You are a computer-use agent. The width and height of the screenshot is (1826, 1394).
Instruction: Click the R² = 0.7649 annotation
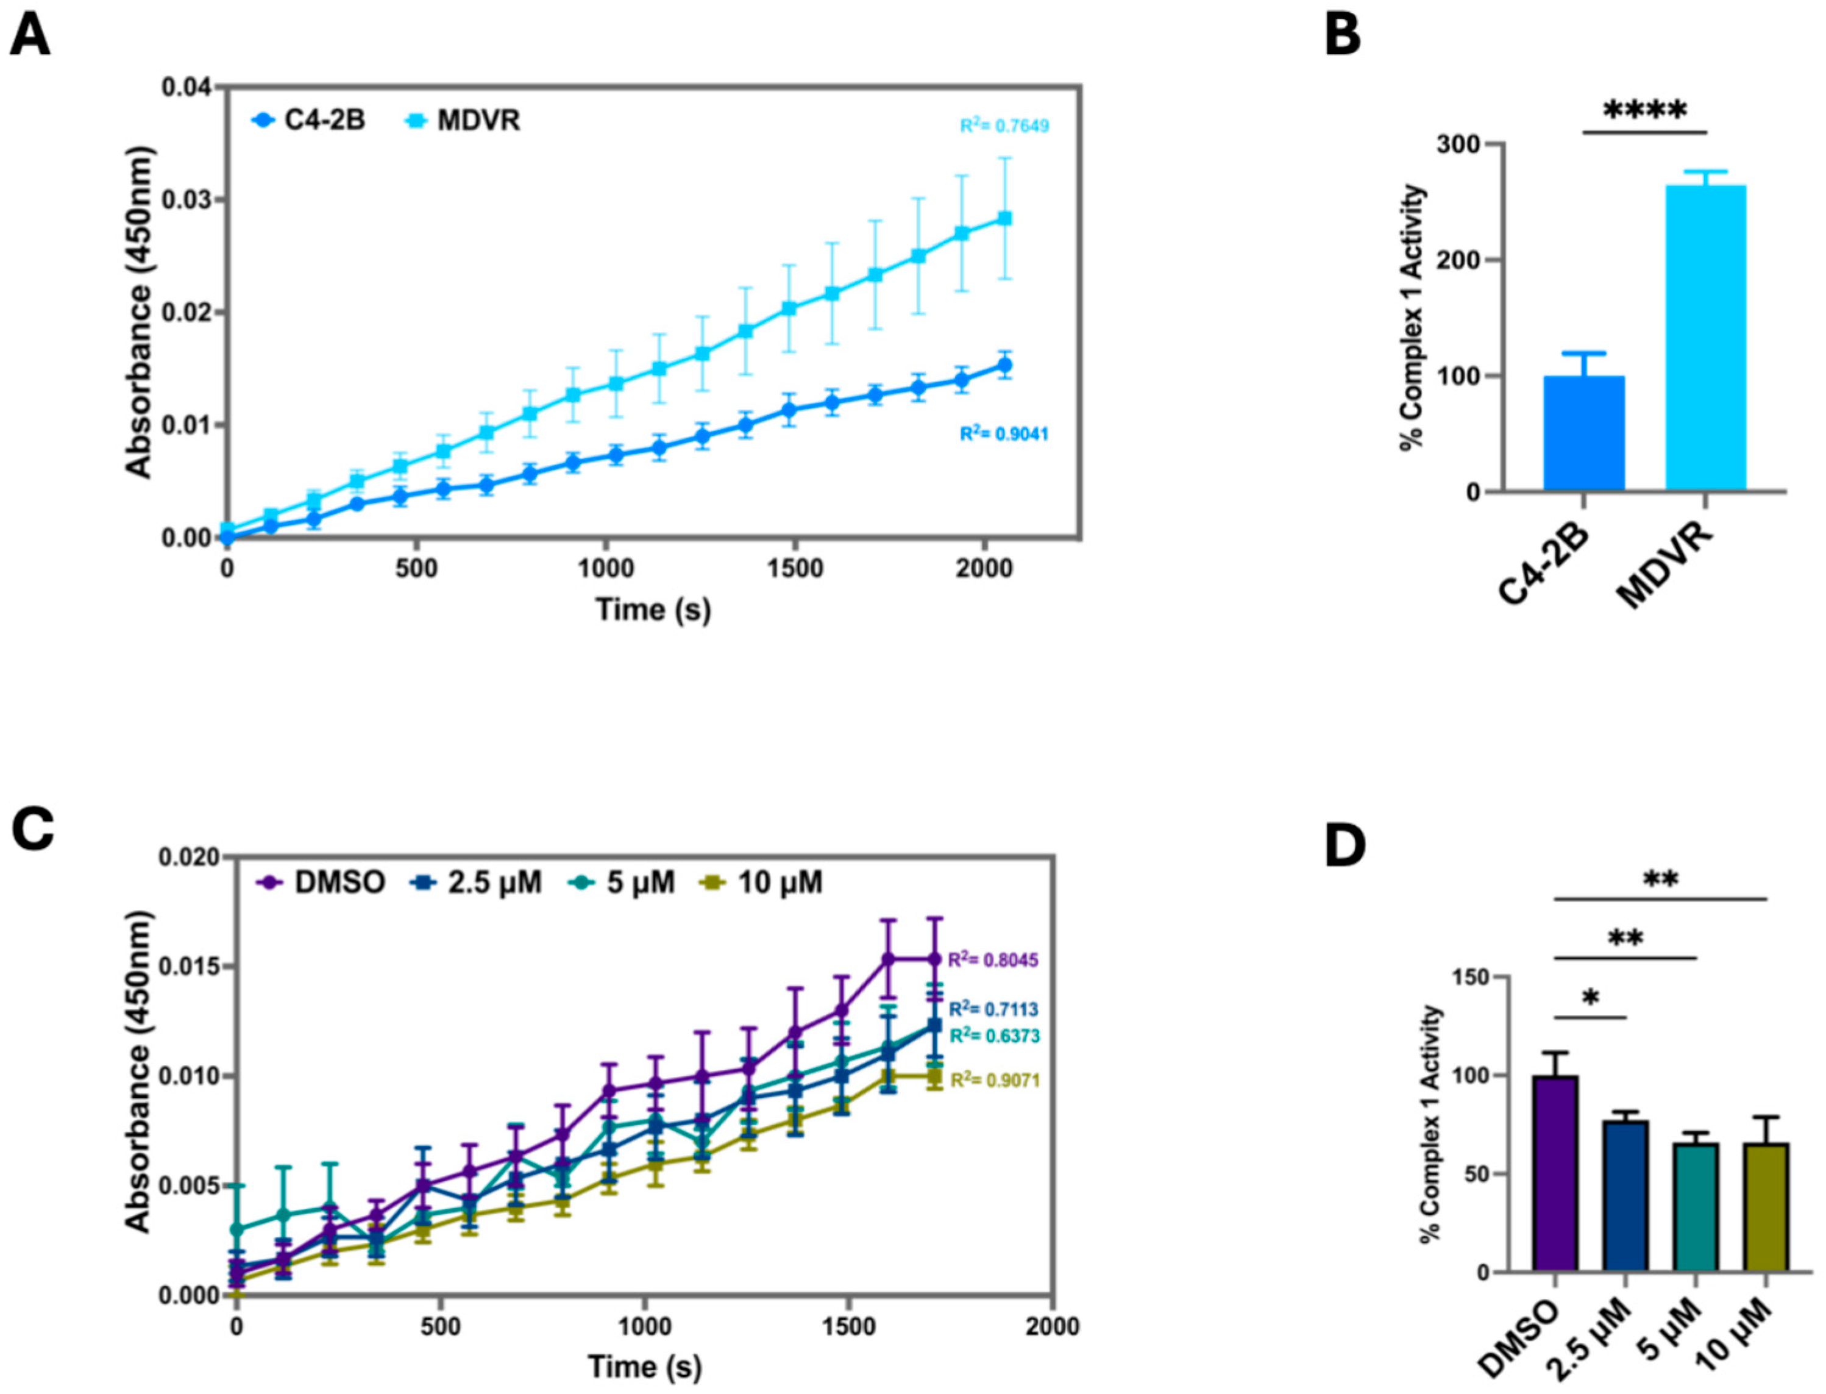[x=1004, y=126]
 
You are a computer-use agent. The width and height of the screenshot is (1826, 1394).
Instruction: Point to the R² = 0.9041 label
[x=1004, y=434]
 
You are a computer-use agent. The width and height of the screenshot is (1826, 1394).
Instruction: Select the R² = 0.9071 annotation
[x=994, y=1080]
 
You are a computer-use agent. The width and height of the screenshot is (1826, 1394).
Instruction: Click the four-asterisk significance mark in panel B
[x=1644, y=111]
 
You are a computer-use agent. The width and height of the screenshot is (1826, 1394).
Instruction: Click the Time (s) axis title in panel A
[x=653, y=610]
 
